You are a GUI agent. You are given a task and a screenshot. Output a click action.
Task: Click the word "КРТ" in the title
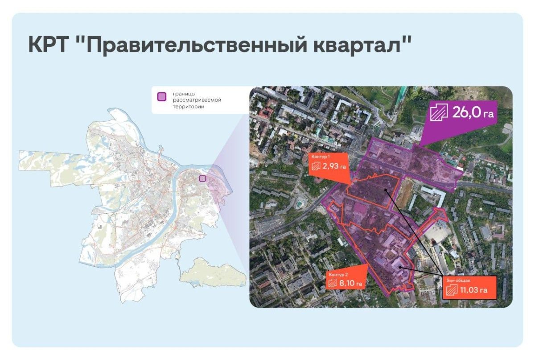[x=49, y=46]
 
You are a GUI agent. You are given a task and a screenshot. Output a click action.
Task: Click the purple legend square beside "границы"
[x=163, y=96]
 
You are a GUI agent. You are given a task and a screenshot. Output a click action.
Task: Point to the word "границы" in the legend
[x=183, y=94]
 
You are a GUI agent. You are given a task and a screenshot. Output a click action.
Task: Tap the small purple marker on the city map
[x=202, y=178]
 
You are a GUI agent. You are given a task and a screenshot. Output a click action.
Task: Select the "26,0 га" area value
[x=473, y=113]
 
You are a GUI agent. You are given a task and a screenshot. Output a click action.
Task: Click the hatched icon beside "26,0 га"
[x=439, y=113]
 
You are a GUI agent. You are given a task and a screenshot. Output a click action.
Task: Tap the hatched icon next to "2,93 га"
[x=316, y=167]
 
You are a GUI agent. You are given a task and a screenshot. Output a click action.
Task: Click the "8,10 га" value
[x=352, y=283]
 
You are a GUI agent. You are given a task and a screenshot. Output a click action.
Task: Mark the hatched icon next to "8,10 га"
[x=333, y=283]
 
